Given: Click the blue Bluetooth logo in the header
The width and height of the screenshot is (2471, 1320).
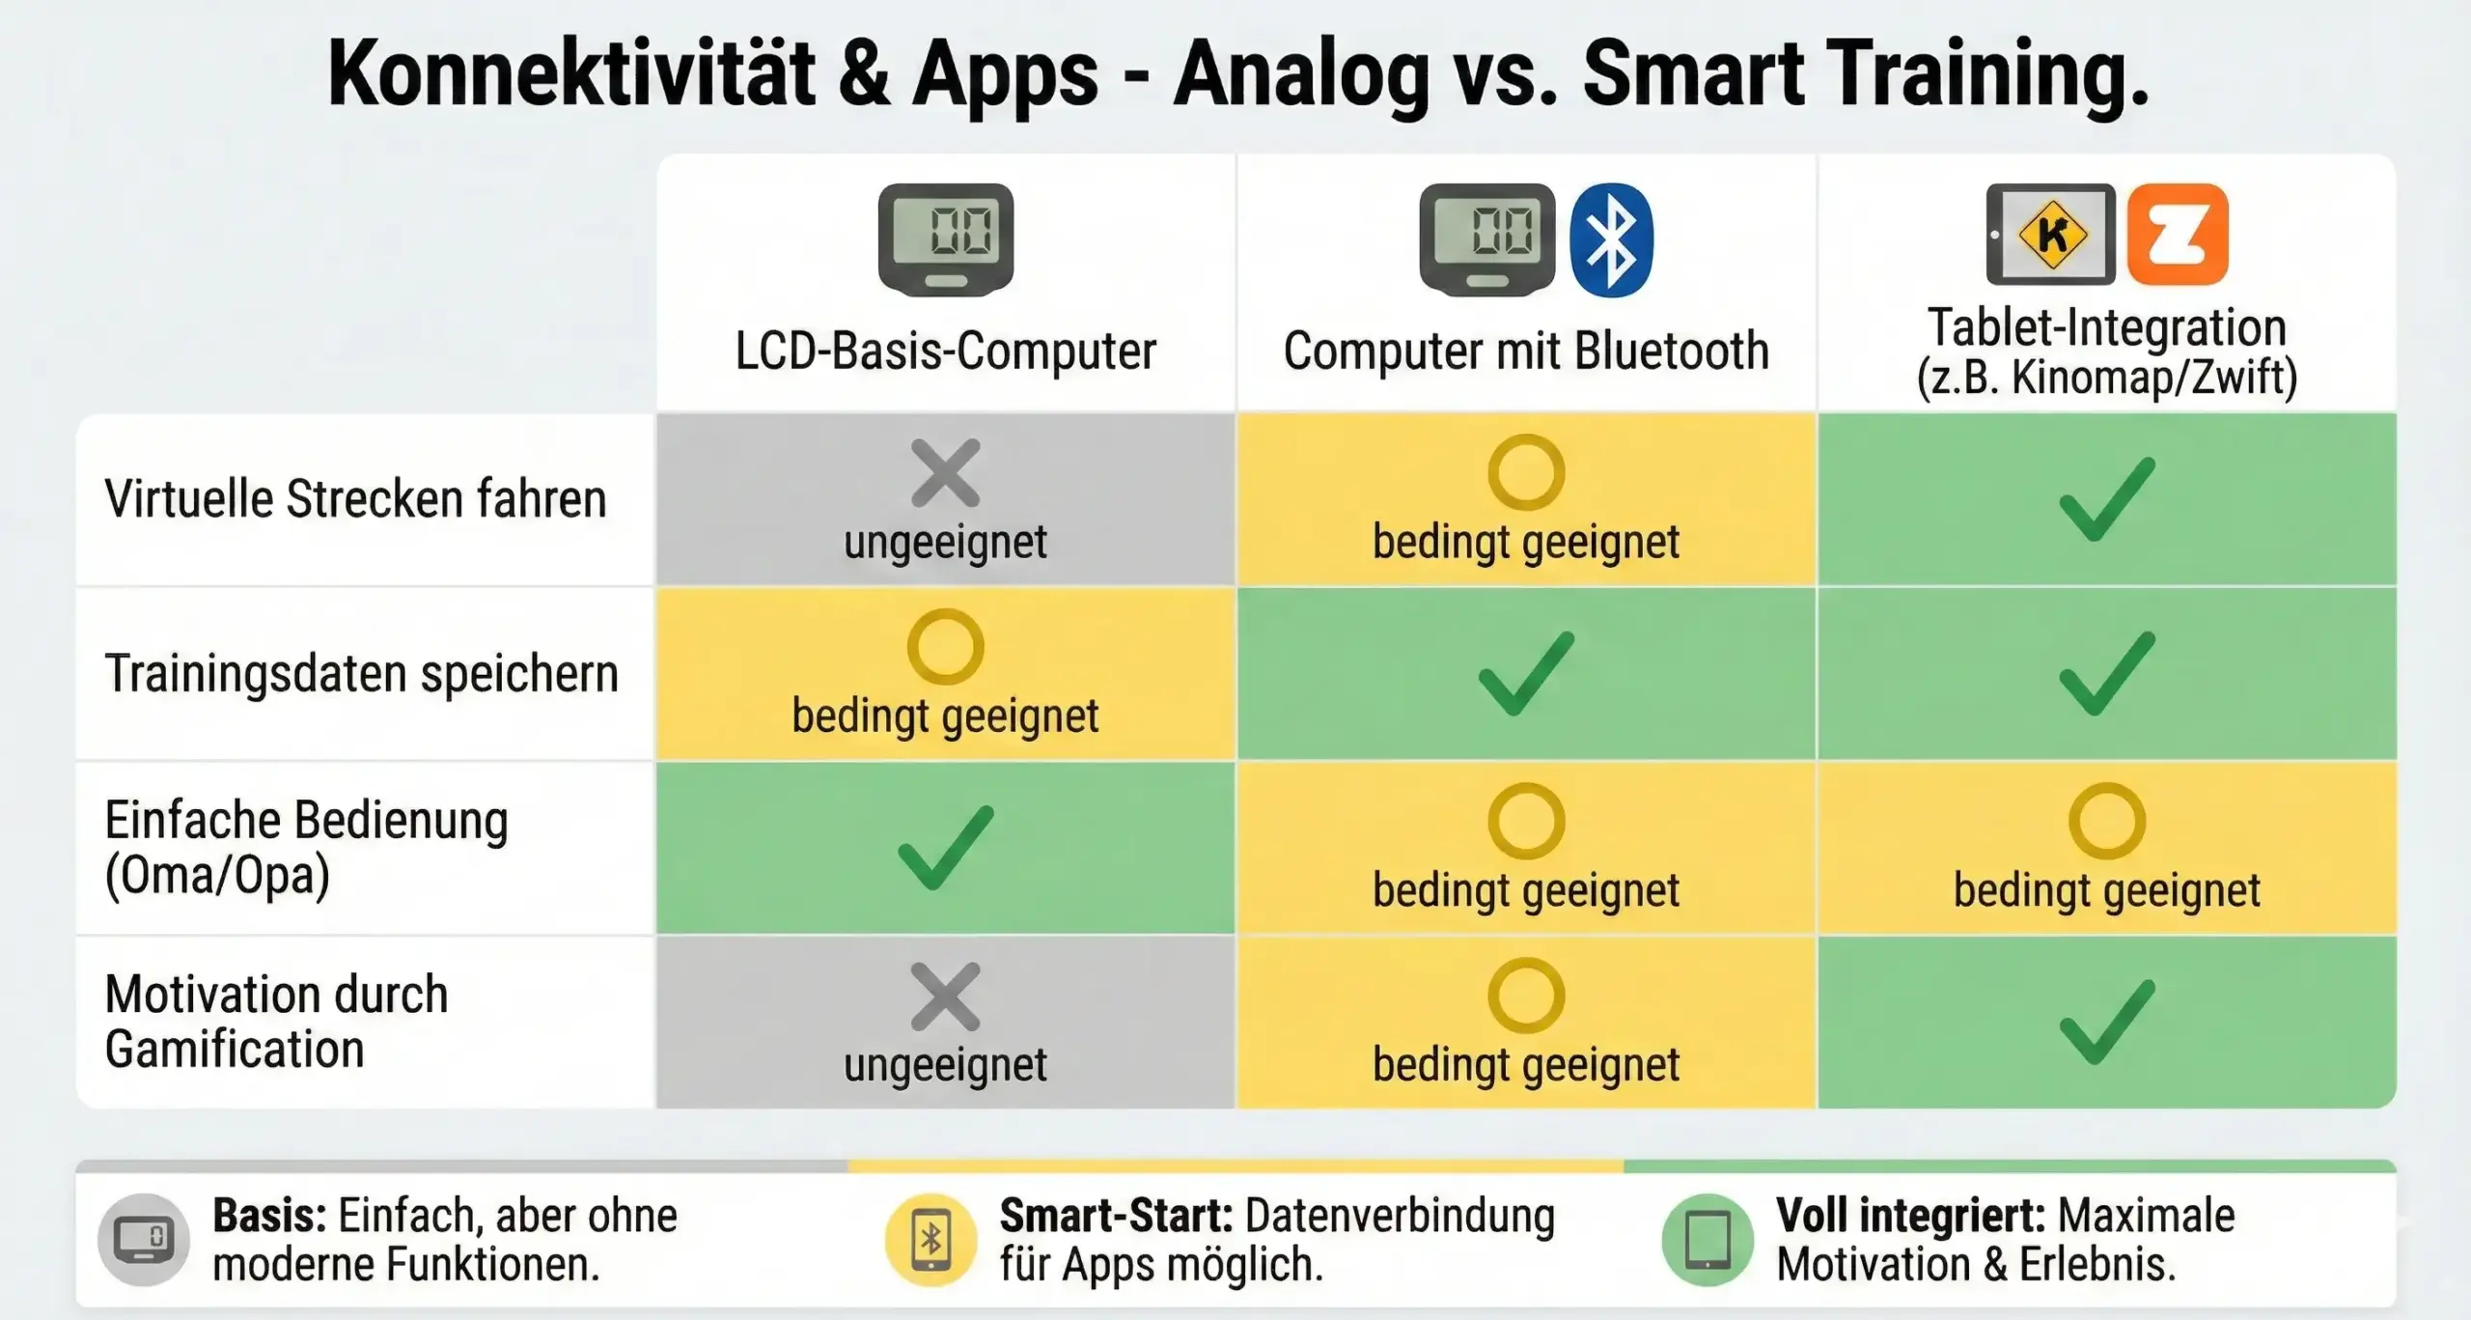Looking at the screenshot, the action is tap(1611, 239).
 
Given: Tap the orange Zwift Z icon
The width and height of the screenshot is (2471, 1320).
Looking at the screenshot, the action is tap(2178, 235).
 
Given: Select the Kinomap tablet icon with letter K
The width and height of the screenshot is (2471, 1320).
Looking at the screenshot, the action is tap(2050, 235).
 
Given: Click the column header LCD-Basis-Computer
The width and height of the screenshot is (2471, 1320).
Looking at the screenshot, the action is tap(945, 351).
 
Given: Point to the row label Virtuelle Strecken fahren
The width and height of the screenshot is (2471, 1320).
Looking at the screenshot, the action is tap(355, 499).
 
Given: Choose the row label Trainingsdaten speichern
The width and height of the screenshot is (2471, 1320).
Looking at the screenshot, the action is tap(361, 674).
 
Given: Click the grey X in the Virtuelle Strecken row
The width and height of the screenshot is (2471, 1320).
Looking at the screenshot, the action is tap(945, 473).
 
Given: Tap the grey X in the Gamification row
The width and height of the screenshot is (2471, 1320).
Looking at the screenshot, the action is tap(945, 997).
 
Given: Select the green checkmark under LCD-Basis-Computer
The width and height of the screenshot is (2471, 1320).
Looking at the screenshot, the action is tap(945, 847).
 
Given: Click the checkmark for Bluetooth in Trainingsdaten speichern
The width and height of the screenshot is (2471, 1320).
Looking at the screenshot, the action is tap(1526, 673).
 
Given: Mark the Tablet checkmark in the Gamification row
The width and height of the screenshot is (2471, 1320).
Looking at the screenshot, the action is tap(2107, 1022).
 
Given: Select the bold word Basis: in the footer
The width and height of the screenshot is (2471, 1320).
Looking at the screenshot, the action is tap(269, 1216).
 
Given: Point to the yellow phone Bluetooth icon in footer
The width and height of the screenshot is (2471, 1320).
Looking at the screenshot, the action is tap(930, 1240).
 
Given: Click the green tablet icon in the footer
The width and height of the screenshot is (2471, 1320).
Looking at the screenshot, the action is tap(1707, 1240).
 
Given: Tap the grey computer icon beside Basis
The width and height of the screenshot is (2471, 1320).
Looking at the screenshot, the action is tap(144, 1240).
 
